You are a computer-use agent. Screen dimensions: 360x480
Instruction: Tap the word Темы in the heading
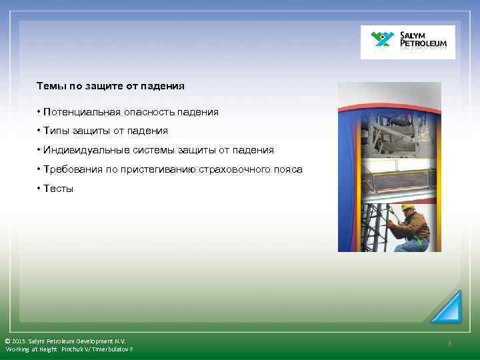[x=49, y=86]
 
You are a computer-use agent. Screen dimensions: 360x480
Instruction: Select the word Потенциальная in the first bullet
[x=76, y=112]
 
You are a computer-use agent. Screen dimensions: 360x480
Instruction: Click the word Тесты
[x=59, y=189]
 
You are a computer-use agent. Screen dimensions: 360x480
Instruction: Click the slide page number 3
[x=449, y=343]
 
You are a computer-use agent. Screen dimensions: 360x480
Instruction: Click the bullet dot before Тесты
[x=39, y=189]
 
